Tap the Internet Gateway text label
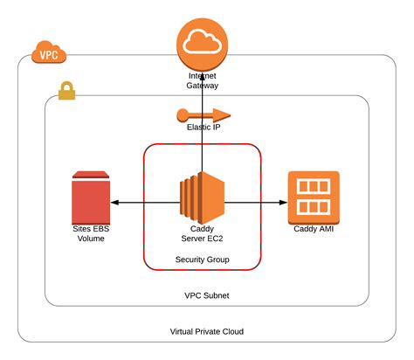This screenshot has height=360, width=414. coord(202,81)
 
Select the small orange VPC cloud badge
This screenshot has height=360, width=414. coord(48,54)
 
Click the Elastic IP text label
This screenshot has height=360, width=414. coord(202,128)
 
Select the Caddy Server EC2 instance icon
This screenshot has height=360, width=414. coord(202,198)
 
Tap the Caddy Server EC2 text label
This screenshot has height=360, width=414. coord(202,232)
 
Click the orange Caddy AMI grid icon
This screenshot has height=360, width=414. coord(313,197)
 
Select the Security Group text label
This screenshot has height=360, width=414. coord(202,260)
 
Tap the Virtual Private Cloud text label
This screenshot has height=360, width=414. coord(207,331)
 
